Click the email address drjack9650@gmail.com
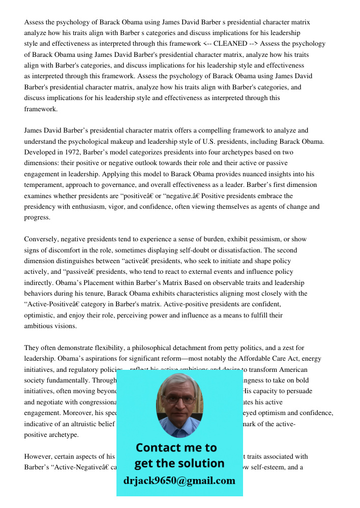(x=179, y=481)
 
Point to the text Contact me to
(x=176, y=448)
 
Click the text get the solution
(x=179, y=463)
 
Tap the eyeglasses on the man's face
(x=179, y=399)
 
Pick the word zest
(x=288, y=348)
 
